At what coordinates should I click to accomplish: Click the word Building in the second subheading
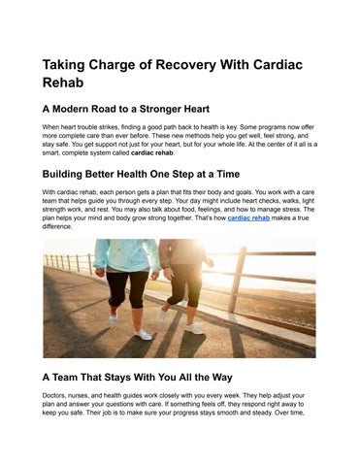coord(73,177)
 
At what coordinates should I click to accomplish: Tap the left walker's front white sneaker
coord(144,334)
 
